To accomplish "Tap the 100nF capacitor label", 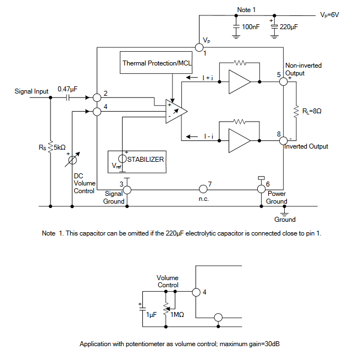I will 251,26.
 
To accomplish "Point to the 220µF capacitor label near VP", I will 289,26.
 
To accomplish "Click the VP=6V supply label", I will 330,15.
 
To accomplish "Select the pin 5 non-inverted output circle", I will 283,81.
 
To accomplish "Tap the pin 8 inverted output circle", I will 283,140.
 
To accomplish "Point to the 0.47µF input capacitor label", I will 67,89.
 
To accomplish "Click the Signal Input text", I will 31,91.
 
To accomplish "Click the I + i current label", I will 208,78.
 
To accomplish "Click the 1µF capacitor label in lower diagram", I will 151,314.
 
